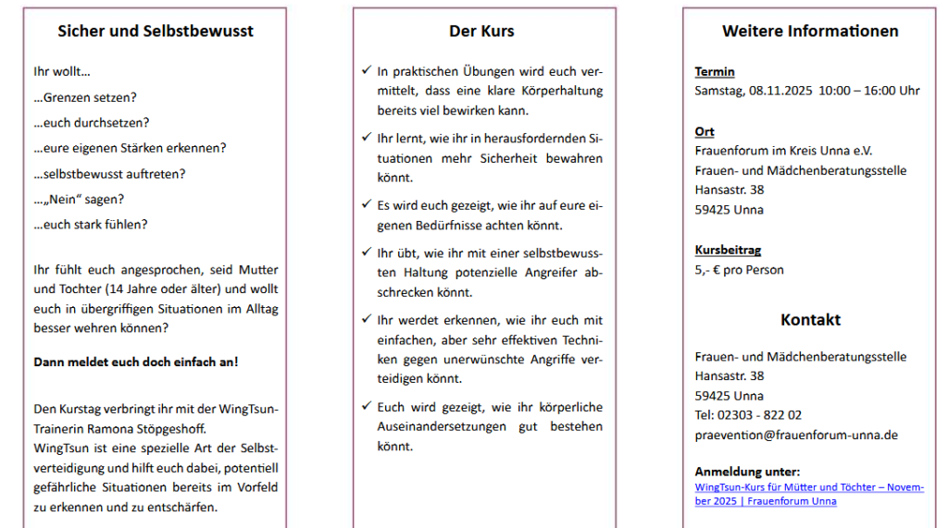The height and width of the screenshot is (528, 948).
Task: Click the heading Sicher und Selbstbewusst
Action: coord(156,31)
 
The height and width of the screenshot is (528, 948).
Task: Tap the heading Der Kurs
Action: coord(481,31)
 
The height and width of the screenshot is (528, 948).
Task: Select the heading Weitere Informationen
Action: coord(810,31)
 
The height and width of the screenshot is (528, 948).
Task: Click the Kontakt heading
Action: coord(810,320)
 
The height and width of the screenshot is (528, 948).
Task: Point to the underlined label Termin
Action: coord(715,72)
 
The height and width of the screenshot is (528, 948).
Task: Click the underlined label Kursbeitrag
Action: coord(728,250)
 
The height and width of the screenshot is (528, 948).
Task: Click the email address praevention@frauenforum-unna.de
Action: coord(796,435)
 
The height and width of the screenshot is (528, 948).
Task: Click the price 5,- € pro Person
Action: coord(740,270)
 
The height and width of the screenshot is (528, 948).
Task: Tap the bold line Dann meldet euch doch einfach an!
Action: coord(136,362)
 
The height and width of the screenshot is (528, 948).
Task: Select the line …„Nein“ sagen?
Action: coord(79,199)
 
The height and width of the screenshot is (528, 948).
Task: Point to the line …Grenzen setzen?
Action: coord(84,97)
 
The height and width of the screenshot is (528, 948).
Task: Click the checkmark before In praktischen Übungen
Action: coord(367,70)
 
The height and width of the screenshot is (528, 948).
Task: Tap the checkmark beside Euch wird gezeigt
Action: coord(367,406)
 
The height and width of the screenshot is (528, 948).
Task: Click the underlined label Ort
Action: coord(705,132)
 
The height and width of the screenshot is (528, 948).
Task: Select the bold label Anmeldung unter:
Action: coord(747,472)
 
